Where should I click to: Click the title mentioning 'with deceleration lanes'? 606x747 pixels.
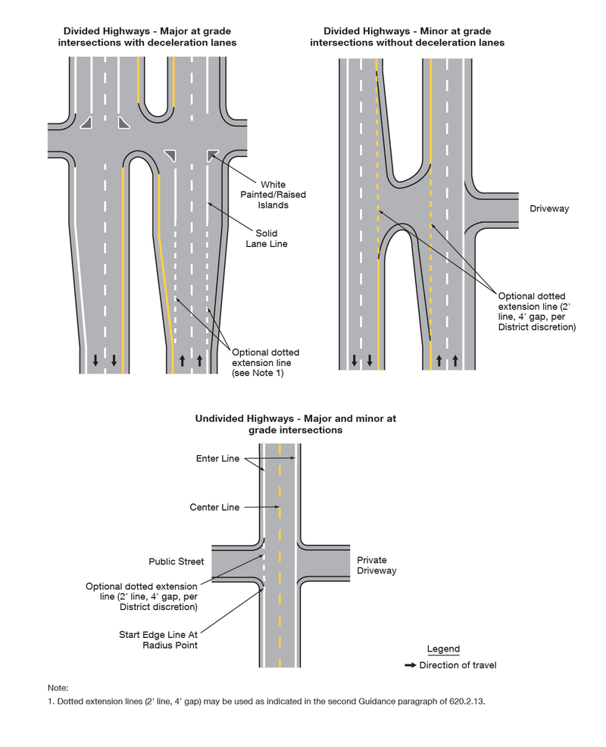pos(147,36)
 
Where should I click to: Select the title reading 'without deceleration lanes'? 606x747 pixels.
pos(407,36)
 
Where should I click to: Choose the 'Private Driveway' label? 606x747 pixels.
pos(376,565)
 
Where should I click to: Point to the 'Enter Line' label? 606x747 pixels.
pos(218,459)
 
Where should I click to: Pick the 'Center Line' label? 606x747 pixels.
pos(214,507)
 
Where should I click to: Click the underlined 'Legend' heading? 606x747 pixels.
pos(443,649)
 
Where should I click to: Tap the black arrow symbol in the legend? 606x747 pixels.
pos(410,665)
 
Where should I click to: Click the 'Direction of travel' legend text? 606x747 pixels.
pos(458,665)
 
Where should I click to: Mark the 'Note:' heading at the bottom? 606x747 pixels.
pos(58,687)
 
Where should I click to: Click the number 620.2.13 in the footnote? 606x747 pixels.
pos(462,702)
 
